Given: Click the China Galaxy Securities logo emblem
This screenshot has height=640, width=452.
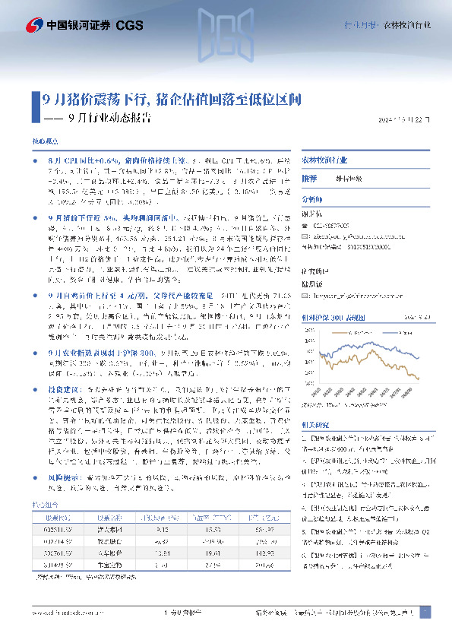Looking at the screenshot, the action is [x=34, y=25].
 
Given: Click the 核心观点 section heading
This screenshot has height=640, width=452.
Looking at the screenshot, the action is [x=44, y=142].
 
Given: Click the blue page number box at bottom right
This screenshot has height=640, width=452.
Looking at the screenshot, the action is [x=425, y=612].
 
